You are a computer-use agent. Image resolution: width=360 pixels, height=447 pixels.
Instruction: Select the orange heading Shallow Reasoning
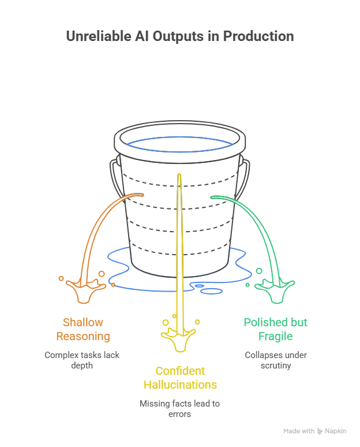click(x=83, y=329)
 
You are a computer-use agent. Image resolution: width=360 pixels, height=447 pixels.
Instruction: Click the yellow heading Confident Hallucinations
click(x=179, y=378)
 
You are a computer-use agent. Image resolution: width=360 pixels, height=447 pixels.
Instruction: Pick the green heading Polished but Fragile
click(x=275, y=329)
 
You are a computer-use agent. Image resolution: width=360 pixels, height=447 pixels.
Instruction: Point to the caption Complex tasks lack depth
click(x=83, y=360)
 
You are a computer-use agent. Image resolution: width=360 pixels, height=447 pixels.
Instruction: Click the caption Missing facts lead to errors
click(x=179, y=408)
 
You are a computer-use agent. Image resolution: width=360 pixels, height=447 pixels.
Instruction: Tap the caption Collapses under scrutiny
click(x=275, y=360)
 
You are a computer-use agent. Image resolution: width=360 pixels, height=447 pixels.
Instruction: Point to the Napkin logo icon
click(x=320, y=431)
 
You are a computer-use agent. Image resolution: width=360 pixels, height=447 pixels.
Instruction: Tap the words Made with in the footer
click(x=299, y=431)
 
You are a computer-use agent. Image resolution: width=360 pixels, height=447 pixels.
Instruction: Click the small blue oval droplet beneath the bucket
click(x=198, y=285)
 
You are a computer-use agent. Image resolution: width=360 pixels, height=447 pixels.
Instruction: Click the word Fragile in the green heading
click(x=275, y=336)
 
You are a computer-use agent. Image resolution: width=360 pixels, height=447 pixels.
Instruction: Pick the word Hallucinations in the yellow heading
click(x=179, y=385)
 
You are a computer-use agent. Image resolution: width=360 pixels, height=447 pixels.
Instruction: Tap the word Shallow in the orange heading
click(x=83, y=322)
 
